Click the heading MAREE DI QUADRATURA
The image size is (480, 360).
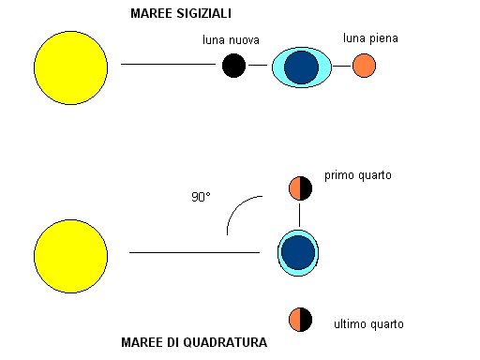[194, 343]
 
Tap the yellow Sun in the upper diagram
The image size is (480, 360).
[70, 66]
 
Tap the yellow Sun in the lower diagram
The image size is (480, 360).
[70, 255]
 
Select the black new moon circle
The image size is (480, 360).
[233, 66]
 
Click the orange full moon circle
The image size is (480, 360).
[364, 66]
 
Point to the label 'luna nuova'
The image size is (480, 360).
[231, 41]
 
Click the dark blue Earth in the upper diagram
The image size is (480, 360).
[301, 67]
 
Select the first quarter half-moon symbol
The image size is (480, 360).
[299, 187]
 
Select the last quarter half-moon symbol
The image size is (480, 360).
[299, 318]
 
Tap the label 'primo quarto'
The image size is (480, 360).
[358, 175]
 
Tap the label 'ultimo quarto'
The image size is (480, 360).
[368, 324]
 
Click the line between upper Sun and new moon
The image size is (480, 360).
[168, 65]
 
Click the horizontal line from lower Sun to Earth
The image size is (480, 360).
[193, 252]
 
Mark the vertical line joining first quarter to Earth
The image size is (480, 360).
[299, 214]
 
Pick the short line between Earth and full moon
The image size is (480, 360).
[342, 66]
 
